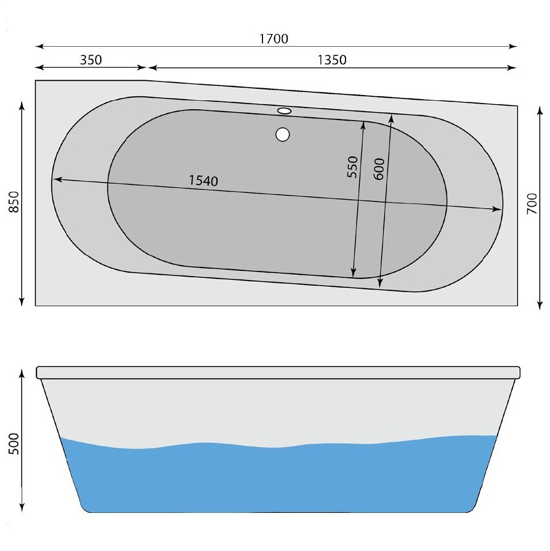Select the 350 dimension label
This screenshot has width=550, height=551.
tap(91, 60)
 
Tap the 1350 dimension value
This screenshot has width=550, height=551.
tap(332, 60)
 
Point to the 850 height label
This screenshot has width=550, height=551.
tap(14, 202)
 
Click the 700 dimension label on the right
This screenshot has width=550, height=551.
tap(532, 204)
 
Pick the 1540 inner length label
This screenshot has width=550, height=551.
tap(203, 181)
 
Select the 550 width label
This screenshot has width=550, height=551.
tap(352, 167)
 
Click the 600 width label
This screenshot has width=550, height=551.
tap(380, 170)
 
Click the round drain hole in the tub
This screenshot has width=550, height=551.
tap(282, 135)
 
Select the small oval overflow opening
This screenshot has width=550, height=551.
tap(284, 110)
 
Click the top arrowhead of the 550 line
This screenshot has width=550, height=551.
tap(363, 124)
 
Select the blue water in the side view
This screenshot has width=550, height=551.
tap(279, 478)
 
